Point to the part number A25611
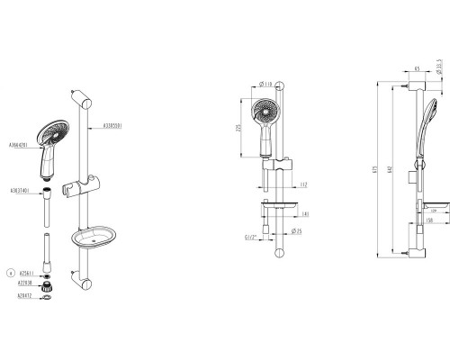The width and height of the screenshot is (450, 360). pos(27,271)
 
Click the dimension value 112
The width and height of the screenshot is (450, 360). pos(304,184)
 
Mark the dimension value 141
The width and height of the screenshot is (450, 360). pos(304,215)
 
